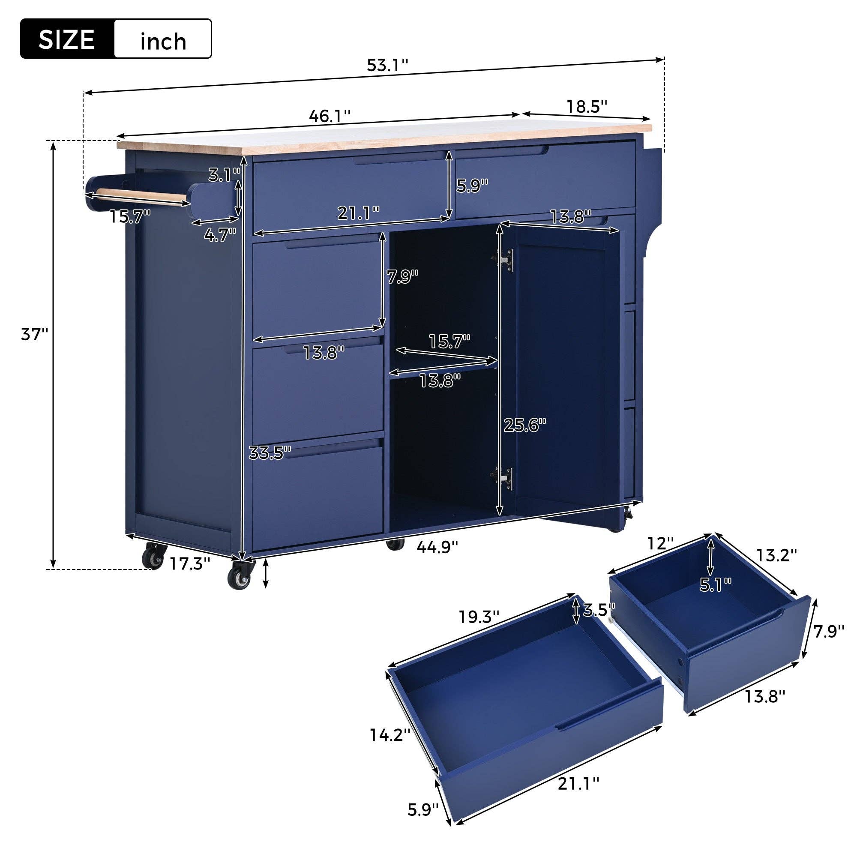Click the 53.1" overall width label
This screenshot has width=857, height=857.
pyautogui.click(x=387, y=66)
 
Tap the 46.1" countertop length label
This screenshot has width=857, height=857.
pyautogui.click(x=330, y=116)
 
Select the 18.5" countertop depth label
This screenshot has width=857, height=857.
pyautogui.click(x=587, y=106)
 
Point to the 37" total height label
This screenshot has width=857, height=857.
pyautogui.click(x=34, y=334)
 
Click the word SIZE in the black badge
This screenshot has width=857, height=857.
pyautogui.click(x=67, y=39)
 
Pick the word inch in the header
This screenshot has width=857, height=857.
pyautogui.click(x=163, y=42)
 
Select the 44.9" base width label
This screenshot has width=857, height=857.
pyautogui.click(x=437, y=547)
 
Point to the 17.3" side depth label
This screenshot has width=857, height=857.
pyautogui.click(x=189, y=564)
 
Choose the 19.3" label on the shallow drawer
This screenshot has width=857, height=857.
pyautogui.click(x=479, y=617)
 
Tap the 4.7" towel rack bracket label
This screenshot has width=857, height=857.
pyautogui.click(x=220, y=234)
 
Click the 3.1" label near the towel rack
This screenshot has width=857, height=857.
pyautogui.click(x=224, y=175)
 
